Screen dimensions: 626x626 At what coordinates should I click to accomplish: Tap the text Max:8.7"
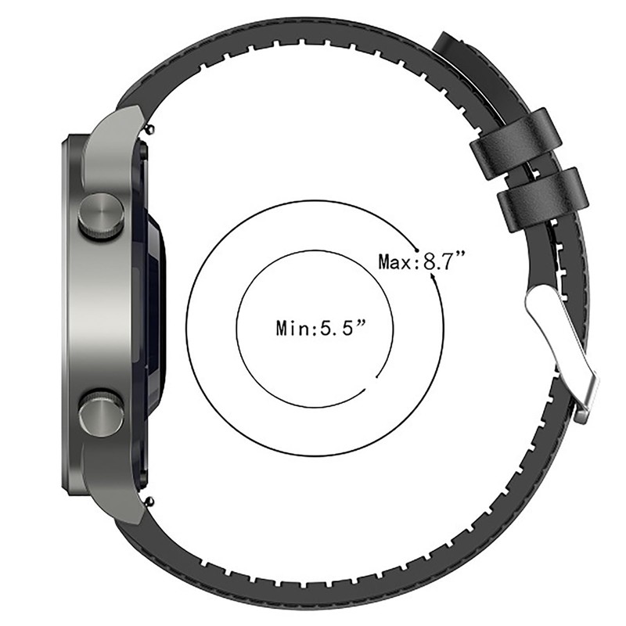[422, 262]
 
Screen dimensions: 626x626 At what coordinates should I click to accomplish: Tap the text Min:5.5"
[321, 328]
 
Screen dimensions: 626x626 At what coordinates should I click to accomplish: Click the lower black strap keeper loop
[543, 200]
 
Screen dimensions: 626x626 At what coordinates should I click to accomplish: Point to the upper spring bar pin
[150, 128]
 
